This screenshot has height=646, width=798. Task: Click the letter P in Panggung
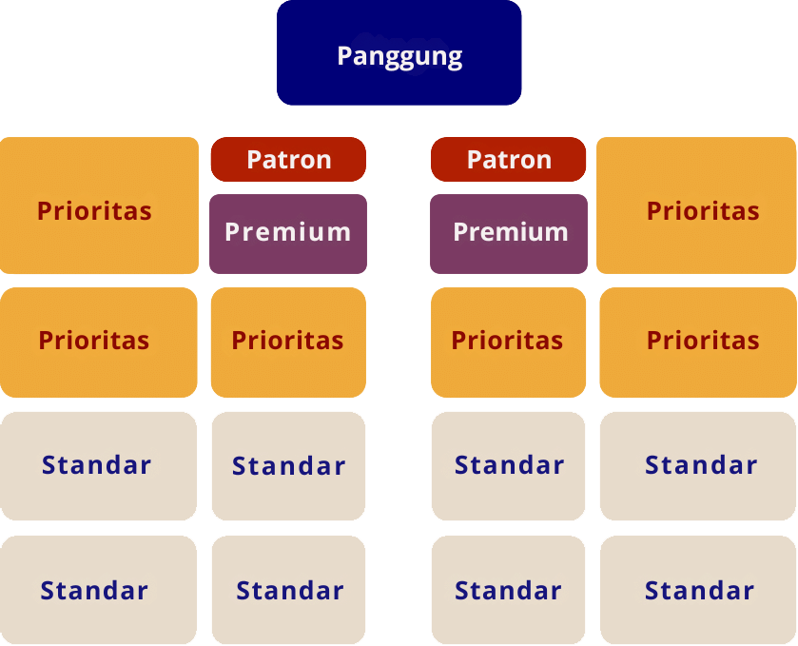point(344,56)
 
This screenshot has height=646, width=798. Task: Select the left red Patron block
point(288,159)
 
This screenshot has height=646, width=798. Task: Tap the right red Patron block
point(508,159)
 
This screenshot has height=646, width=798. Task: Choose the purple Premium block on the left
point(287,233)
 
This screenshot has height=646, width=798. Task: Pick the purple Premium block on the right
point(508,233)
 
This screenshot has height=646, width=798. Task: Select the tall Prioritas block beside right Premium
point(696,206)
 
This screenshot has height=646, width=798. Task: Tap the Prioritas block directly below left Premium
point(287,342)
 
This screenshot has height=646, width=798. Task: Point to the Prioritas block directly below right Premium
point(508,342)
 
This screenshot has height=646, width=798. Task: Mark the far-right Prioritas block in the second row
point(697,342)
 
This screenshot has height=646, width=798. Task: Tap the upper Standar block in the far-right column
point(697,466)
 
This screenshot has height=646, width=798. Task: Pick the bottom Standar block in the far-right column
point(697,590)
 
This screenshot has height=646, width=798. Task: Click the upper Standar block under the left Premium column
point(287,466)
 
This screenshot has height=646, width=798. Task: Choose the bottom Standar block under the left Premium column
point(287,590)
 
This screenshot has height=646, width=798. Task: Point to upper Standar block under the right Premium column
point(508,466)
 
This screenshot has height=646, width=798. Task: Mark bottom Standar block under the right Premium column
point(508,590)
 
